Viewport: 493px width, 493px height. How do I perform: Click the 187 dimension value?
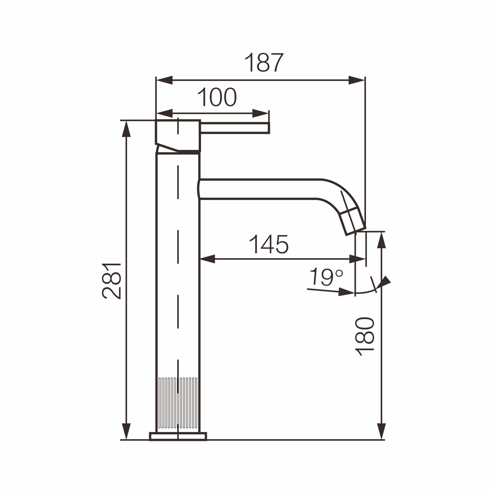click(x=264, y=62)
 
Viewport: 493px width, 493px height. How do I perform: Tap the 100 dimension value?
click(x=217, y=97)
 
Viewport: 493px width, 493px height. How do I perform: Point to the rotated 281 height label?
click(x=111, y=281)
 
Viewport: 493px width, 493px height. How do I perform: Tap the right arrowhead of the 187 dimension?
click(x=356, y=80)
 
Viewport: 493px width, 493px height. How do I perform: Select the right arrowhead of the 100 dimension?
click(x=260, y=113)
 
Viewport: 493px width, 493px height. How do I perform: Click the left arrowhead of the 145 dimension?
click(x=207, y=259)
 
